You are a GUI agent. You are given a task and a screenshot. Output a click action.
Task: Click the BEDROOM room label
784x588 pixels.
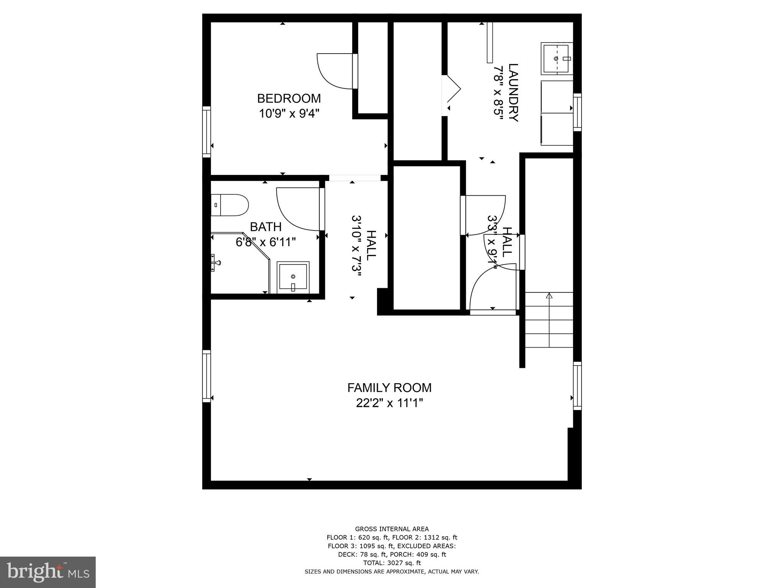289,98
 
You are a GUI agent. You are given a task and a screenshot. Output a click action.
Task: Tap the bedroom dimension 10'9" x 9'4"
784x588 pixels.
289,114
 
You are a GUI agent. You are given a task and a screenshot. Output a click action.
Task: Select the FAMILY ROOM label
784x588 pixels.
389,388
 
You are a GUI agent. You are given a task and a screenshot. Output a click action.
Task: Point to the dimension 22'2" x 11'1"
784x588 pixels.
389,403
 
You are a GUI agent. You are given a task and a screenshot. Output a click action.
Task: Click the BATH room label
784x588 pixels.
266,227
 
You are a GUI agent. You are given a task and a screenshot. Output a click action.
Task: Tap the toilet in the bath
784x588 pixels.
230,205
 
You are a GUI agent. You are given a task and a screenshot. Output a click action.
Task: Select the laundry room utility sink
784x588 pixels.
557,59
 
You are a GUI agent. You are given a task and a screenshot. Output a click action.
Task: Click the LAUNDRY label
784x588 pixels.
513,93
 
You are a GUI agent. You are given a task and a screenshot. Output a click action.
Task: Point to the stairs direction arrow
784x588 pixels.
549,296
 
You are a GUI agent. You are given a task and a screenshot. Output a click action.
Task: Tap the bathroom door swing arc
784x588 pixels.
298,209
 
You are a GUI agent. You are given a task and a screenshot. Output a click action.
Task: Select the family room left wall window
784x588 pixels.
206,376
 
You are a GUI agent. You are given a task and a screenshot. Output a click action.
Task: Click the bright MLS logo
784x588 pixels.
48,572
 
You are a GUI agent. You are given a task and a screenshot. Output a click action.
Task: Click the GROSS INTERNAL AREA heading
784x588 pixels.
392,529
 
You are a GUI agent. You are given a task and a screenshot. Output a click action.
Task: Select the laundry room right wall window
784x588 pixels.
577,112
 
